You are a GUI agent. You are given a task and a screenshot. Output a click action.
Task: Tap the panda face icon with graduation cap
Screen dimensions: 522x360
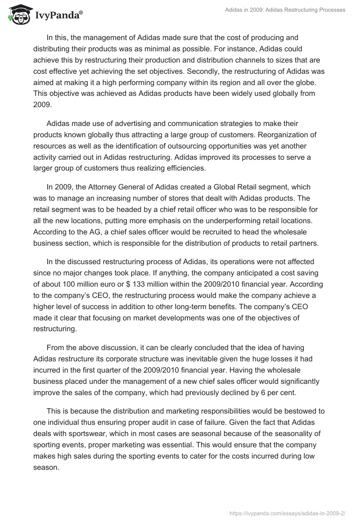tap(17, 15)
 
